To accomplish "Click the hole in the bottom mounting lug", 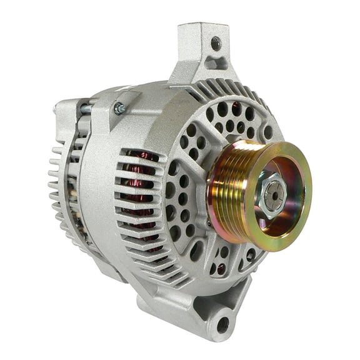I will pyautogui.click(x=222, y=324).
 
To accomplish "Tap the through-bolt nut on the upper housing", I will pyautogui.click(x=118, y=109).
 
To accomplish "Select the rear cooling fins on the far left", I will pyautogui.click(x=59, y=181).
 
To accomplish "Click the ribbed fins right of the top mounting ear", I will pyautogui.click(x=250, y=94).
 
